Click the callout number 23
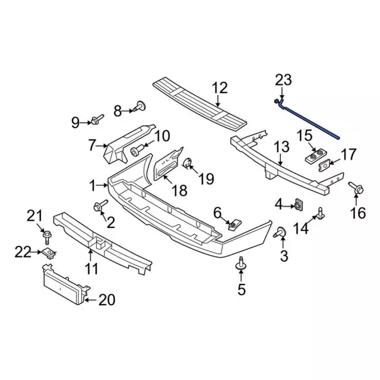coord(284,81)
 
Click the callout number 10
coord(162,137)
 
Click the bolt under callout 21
coord(46,237)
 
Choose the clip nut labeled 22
coord(49,254)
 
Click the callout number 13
coord(281,146)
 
